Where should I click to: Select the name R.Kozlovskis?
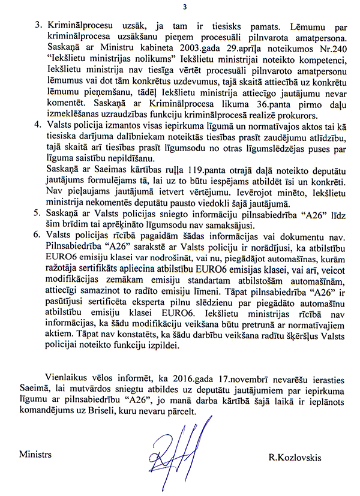295,458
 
